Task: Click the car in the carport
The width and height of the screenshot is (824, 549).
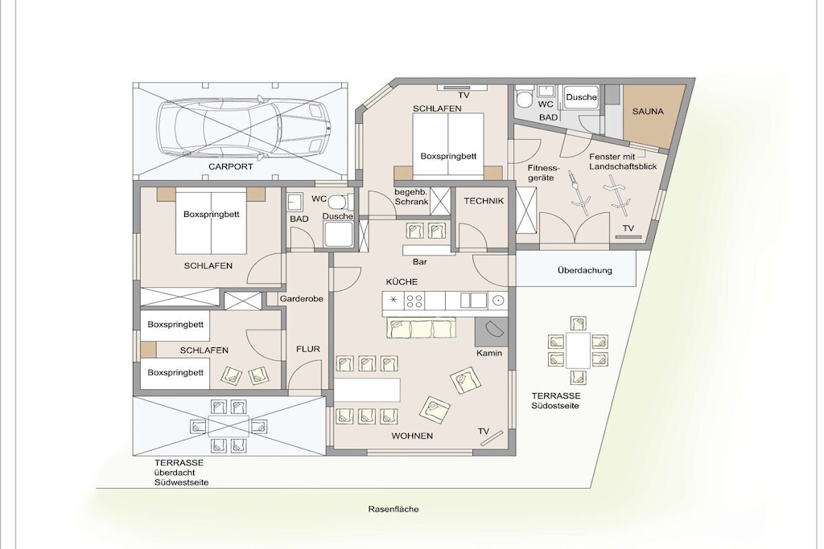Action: [245, 127]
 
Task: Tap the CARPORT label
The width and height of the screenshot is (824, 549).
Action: [231, 167]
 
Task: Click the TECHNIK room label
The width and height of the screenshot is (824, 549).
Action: [484, 201]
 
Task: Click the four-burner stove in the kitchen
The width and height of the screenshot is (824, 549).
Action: [414, 301]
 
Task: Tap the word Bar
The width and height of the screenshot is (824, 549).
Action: [420, 262]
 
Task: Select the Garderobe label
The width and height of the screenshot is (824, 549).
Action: [302, 299]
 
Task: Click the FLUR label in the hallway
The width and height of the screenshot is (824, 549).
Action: [308, 349]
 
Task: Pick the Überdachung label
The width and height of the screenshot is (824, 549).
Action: [584, 271]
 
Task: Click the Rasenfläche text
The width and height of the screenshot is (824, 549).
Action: [393, 509]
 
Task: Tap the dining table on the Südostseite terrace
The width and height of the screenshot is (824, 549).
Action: [578, 350]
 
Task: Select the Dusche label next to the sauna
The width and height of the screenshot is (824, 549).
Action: [581, 97]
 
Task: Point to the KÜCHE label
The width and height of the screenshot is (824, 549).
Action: [402, 282]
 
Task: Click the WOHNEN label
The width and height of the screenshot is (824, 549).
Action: [412, 436]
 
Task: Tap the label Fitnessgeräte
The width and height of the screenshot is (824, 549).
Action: [543, 173]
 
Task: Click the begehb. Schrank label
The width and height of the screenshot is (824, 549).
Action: [411, 196]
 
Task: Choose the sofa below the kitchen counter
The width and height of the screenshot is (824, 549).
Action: [422, 328]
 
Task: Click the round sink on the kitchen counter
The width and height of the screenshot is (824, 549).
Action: [498, 301]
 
